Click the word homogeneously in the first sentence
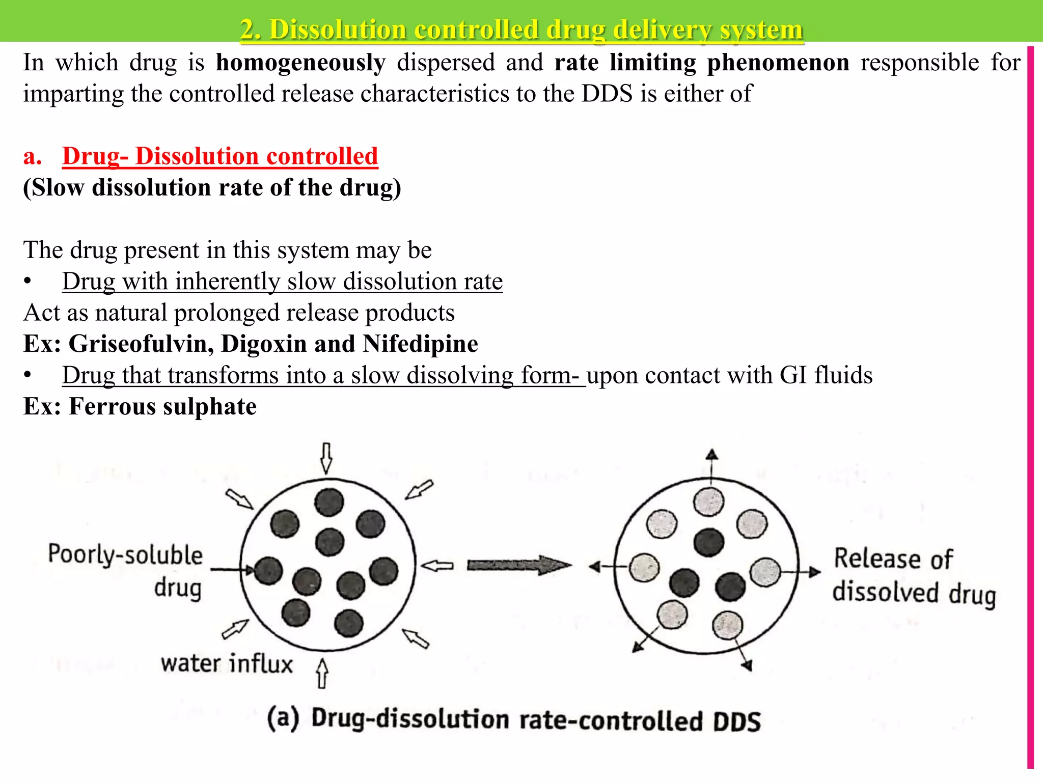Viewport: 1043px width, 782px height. coord(300,63)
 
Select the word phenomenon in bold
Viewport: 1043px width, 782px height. coord(778,63)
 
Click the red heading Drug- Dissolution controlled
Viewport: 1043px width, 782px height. coord(220,156)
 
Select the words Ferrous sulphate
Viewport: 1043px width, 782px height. coord(162,407)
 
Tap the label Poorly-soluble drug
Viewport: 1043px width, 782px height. coord(126,570)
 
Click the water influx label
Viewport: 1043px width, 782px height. coord(227,664)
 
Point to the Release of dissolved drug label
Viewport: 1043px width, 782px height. coord(914,576)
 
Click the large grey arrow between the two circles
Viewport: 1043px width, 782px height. coord(518,565)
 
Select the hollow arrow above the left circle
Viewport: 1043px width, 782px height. coord(326,458)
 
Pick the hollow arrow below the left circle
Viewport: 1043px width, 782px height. coord(322,674)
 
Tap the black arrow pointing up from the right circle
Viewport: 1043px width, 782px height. coord(712,460)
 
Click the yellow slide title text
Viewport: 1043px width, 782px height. coord(521,30)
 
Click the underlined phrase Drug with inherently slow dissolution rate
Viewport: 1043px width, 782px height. coord(282,282)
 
